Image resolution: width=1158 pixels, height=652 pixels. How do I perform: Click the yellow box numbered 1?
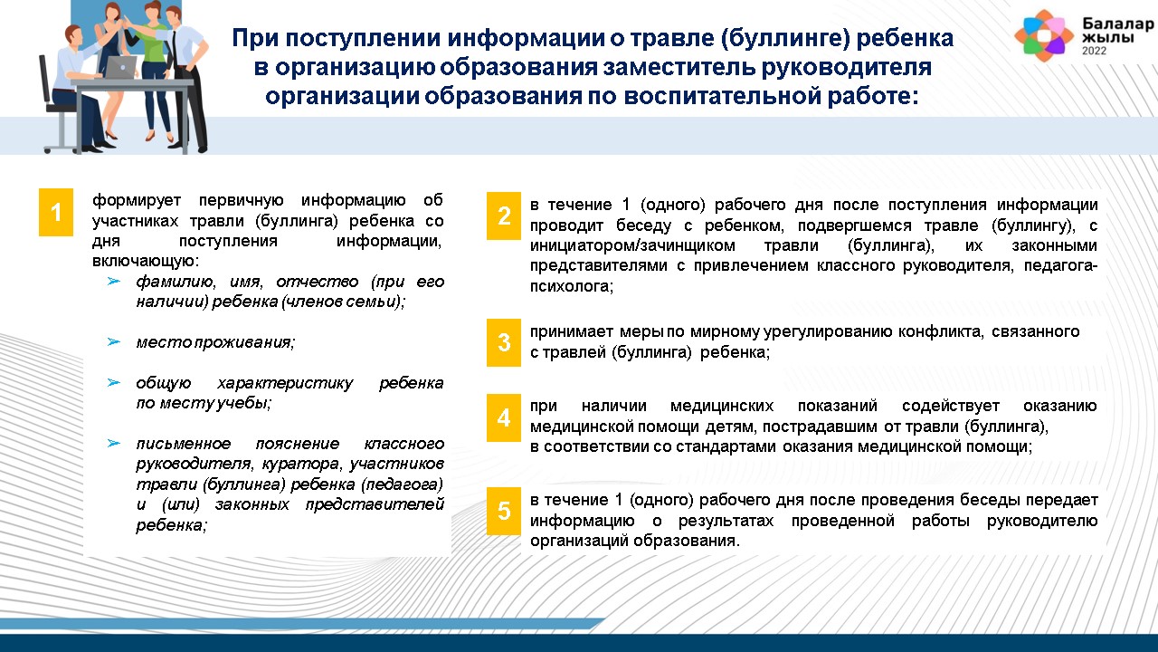click(56, 212)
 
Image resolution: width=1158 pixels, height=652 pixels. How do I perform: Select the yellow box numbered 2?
click(504, 216)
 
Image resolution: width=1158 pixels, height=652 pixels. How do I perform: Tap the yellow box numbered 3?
click(504, 342)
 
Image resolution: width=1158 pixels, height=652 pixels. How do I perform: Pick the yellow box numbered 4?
click(504, 417)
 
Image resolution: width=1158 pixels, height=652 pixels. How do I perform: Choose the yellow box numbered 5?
click(504, 511)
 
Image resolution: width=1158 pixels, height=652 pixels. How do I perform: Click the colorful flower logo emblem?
click(1044, 35)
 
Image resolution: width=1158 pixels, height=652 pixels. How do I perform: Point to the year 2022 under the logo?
click(1095, 51)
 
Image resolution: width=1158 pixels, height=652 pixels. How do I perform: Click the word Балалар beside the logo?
click(1117, 24)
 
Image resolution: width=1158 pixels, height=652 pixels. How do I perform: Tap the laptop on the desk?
click(121, 67)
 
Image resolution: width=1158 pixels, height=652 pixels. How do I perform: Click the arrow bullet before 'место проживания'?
click(114, 342)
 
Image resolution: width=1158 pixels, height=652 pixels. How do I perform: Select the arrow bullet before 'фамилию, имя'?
click(114, 282)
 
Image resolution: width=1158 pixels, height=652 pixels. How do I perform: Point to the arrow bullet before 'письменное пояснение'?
click(114, 444)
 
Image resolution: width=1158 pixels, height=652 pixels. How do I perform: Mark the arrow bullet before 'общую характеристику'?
click(114, 383)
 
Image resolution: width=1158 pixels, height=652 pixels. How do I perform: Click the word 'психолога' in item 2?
click(571, 286)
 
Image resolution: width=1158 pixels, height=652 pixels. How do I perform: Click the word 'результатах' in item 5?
click(726, 521)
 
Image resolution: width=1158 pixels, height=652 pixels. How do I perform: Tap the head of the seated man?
click(73, 37)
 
